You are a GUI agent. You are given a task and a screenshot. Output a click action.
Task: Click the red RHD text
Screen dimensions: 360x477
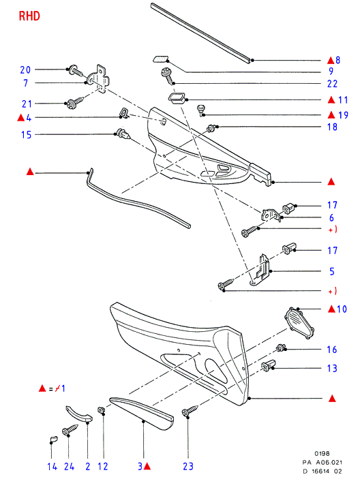29,16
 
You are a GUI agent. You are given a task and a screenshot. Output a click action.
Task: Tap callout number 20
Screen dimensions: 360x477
25,70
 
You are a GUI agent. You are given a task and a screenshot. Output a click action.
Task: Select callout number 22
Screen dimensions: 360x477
332,84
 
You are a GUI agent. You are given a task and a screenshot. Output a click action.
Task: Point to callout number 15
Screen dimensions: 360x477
26,134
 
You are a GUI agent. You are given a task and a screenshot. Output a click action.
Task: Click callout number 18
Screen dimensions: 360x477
332,127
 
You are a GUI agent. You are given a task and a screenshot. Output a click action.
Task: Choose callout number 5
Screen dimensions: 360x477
332,271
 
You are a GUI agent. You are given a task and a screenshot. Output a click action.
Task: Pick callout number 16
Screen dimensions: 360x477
332,350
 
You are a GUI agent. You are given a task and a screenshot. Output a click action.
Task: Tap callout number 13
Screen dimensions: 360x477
332,369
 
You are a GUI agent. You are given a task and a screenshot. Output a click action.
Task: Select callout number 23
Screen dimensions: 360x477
188,466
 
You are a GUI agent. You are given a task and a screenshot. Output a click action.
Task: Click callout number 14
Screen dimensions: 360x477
52,466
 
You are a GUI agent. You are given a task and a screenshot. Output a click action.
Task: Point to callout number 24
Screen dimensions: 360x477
69,466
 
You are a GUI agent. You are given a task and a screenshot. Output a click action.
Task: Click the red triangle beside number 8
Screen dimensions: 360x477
331,60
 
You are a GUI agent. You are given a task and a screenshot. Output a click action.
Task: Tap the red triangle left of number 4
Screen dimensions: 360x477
20,117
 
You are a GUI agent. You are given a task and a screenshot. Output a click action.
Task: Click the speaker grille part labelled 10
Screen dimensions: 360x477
299,323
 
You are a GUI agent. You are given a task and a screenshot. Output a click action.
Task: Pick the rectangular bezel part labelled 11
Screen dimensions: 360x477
176,98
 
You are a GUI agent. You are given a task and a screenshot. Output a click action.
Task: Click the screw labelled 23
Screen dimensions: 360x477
190,410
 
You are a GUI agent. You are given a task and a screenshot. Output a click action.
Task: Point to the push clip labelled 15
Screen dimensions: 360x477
123,134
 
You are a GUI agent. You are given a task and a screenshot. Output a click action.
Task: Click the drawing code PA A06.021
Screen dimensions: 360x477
322,463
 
